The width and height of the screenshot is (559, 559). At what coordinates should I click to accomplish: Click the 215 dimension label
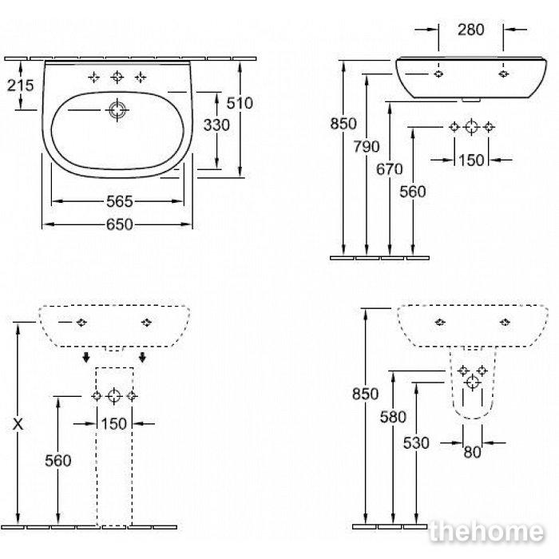[21, 85]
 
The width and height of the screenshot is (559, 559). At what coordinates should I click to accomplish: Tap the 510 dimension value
[240, 103]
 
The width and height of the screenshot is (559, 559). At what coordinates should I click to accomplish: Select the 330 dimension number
[216, 125]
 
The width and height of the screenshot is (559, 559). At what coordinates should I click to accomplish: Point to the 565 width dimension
[120, 202]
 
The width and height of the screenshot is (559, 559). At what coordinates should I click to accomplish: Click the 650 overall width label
[120, 224]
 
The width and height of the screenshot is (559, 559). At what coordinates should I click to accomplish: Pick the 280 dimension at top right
[471, 30]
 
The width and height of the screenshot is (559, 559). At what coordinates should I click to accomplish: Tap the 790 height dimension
[367, 146]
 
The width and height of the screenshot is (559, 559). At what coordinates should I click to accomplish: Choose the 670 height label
[390, 169]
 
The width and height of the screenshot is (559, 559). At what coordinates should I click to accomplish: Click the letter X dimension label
[18, 424]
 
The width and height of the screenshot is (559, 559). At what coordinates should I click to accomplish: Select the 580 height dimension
[393, 417]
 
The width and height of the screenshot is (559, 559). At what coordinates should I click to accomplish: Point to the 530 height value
[416, 443]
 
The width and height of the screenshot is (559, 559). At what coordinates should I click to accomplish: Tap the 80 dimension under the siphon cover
[473, 453]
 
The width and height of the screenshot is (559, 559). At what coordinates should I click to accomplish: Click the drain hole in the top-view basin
[117, 110]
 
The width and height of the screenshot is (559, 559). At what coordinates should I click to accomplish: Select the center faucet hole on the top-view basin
[117, 77]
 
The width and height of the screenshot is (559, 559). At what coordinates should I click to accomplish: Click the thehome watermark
[487, 532]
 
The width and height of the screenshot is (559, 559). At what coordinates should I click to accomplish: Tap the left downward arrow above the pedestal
[86, 357]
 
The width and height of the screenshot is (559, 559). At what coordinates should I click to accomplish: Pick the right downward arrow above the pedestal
[143, 357]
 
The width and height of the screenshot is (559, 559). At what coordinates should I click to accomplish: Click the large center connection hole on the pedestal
[114, 396]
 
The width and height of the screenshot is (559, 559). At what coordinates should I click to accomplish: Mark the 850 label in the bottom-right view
[366, 394]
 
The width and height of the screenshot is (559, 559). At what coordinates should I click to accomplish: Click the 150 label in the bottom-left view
[114, 424]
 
